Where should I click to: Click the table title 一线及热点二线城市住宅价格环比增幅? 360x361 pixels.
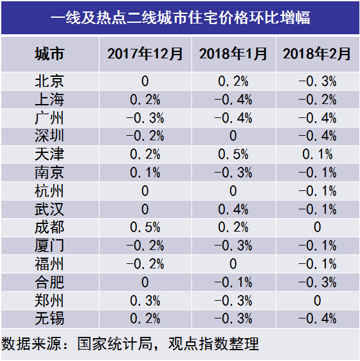click(x=180, y=18)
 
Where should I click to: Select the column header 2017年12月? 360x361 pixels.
click(x=145, y=54)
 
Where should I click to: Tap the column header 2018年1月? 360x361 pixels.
click(x=233, y=54)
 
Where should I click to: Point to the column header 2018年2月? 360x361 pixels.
click(x=317, y=54)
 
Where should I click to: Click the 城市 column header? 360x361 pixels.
click(x=49, y=54)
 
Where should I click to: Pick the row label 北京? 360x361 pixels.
click(x=49, y=81)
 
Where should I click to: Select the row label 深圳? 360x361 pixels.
click(x=49, y=136)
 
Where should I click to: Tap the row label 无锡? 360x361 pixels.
click(x=49, y=318)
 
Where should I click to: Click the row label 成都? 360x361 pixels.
click(x=49, y=227)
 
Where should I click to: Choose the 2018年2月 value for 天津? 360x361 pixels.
click(x=318, y=154)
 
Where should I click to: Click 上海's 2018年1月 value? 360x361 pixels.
click(x=233, y=100)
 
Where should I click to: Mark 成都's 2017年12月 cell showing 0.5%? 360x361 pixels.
click(x=145, y=227)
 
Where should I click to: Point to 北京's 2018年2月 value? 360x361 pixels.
click(x=318, y=81)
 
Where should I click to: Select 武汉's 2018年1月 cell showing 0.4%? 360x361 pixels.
click(x=233, y=209)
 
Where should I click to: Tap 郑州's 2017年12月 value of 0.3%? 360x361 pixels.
click(x=145, y=301)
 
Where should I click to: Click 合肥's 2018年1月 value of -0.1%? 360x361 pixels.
click(x=233, y=282)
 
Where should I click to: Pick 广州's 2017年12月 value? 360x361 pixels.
click(x=145, y=118)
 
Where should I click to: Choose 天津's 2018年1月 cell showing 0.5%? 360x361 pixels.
click(x=233, y=154)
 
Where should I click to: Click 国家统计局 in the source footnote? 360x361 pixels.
click(x=115, y=344)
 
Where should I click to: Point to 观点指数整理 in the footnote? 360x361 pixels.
click(x=214, y=344)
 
